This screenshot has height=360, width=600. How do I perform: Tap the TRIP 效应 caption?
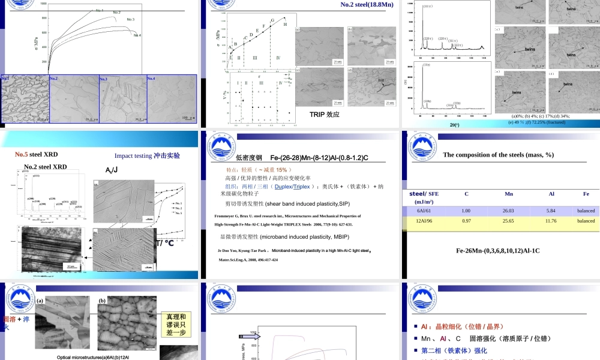[325, 114]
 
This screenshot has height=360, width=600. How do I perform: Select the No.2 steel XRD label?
[46, 166]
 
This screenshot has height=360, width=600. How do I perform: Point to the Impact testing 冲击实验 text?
[147, 155]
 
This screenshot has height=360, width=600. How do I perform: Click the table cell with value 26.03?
[509, 211]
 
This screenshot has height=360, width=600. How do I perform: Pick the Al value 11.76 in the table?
[551, 221]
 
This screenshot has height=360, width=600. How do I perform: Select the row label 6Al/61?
[424, 211]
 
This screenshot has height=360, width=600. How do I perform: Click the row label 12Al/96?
[424, 221]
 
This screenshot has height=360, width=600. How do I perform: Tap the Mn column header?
[509, 194]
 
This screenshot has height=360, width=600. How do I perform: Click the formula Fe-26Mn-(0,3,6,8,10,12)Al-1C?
[497, 250]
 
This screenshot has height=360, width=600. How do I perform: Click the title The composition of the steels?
[498, 155]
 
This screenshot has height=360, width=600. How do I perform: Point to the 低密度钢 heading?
[249, 158]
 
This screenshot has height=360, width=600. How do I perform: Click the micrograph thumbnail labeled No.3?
[122, 99]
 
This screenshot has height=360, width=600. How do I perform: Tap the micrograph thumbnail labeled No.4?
[172, 99]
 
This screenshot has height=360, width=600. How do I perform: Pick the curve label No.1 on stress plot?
[100, 10]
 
